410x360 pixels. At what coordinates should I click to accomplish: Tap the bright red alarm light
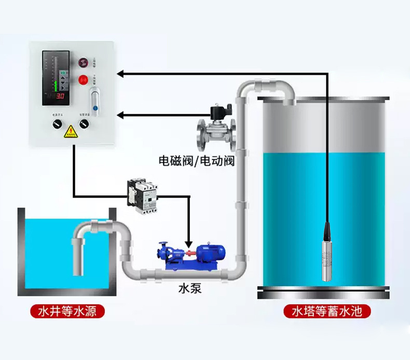(x=82, y=80)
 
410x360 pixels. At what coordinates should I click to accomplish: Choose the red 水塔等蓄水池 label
(x=327, y=311)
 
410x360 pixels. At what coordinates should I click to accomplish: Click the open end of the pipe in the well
(x=78, y=272)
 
